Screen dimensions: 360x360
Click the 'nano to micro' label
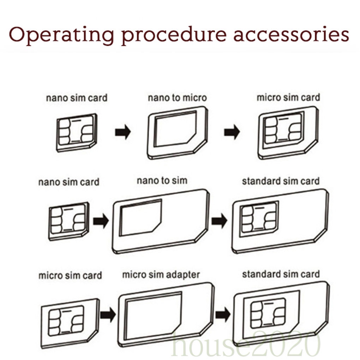pyautogui.click(x=177, y=98)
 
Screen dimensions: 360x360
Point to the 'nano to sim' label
pyautogui.click(x=162, y=181)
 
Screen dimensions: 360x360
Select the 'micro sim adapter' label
pyautogui.click(x=161, y=275)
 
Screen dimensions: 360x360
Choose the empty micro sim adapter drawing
pyautogui.click(x=166, y=314)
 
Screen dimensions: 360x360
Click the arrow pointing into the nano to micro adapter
pyautogui.click(x=123, y=132)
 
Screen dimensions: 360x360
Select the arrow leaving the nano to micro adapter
pyautogui.click(x=232, y=132)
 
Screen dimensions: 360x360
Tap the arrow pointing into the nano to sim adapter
pyautogui.click(x=101, y=221)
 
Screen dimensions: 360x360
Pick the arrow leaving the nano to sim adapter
pyautogui.click(x=219, y=221)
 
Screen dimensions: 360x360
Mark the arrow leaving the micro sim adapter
pyautogui.click(x=223, y=314)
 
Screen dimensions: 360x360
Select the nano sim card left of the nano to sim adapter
pyautogui.click(x=68, y=221)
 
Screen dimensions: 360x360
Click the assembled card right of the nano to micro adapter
pyautogui.click(x=288, y=132)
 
